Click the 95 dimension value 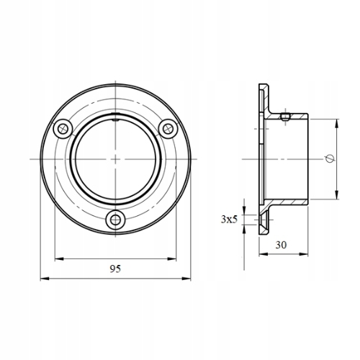tap(115, 269)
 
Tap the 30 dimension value tap(281, 245)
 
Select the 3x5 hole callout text tap(229, 220)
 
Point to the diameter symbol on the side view tap(330, 158)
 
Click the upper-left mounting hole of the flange tap(63, 128)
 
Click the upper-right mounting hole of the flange tap(168, 129)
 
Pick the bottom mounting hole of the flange tap(116, 220)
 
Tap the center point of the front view tap(115, 159)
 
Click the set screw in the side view tap(285, 117)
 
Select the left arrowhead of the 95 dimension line tap(45, 279)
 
